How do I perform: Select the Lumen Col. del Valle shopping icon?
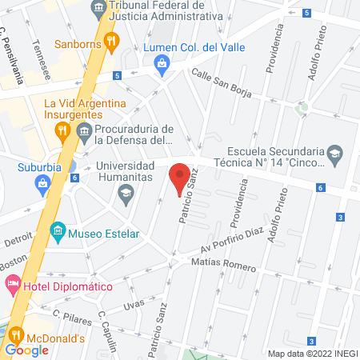pyautogui.click(x=162, y=63)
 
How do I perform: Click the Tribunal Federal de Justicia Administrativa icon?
pyautogui.click(x=98, y=10)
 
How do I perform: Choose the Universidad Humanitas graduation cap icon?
pyautogui.click(x=126, y=192)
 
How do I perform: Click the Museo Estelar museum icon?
pyautogui.click(x=58, y=234)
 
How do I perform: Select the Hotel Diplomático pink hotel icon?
pyautogui.click(x=13, y=284)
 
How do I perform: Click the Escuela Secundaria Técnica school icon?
pyautogui.click(x=334, y=152)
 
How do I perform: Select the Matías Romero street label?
pyautogui.click(x=224, y=266)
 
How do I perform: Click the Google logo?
pyautogui.click(x=26, y=350)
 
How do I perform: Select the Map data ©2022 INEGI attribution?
pyautogui.click(x=312, y=354)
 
